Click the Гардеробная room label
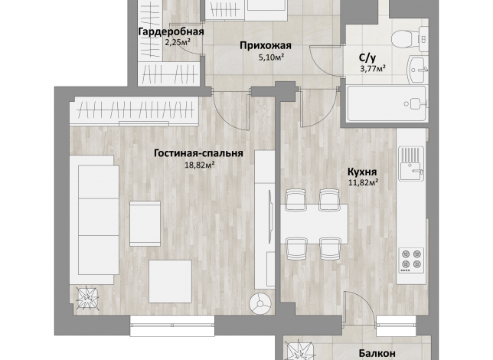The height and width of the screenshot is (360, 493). tap(171, 32)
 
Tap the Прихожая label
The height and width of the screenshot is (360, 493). tap(266, 46)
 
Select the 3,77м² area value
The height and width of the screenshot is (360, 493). tap(373, 68)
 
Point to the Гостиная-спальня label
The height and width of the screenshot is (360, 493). tap(198, 153)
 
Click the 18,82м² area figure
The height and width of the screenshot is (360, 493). tap(200, 165)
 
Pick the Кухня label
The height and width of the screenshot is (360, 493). tap(362, 172)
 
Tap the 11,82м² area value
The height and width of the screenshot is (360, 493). tap(363, 182)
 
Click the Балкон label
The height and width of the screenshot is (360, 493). tap(377, 353)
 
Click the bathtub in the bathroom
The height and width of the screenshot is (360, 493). tap(387, 103)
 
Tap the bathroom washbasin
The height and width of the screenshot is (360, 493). tap(418, 69)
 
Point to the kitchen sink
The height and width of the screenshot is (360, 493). tap(411, 164)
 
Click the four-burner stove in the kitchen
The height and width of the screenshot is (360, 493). tap(411, 260)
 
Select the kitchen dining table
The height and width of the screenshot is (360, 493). tap(314, 224)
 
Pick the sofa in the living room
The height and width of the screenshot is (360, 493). tap(94, 220)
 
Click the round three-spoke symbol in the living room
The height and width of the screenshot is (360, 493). tap(260, 304)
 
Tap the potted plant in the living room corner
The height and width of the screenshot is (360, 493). tap(88, 298)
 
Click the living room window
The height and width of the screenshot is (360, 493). tap(172, 326)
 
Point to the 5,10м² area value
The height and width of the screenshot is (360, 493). tap(272, 57)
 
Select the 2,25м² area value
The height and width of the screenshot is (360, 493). tap(178, 42)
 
